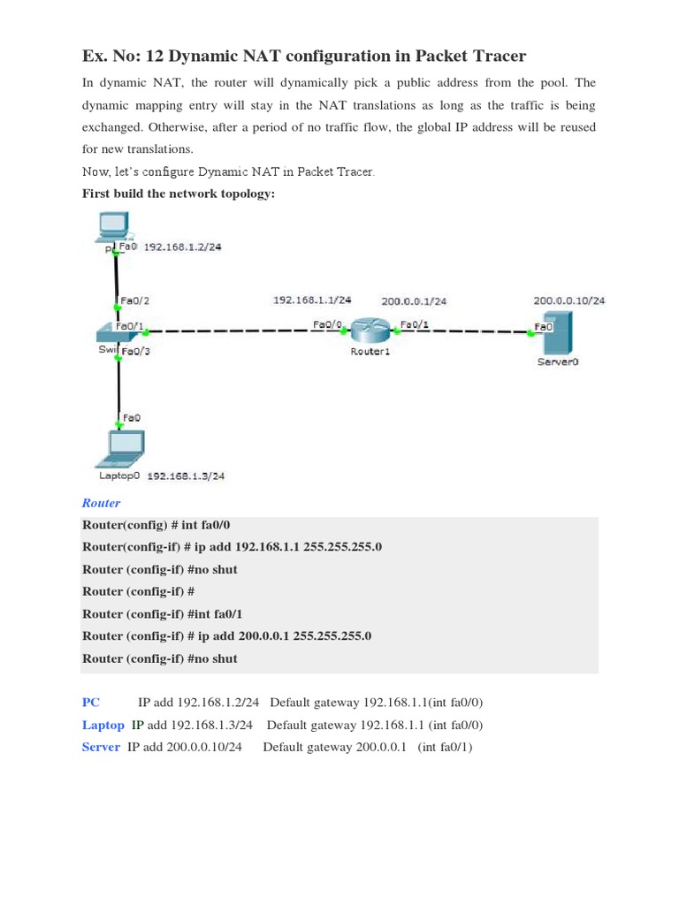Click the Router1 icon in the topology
click(370, 331)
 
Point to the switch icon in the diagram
click(113, 332)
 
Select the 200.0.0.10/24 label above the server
click(569, 300)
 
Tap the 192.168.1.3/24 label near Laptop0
click(186, 475)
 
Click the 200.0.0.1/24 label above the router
click(413, 301)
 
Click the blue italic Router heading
click(101, 503)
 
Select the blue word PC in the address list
click(91, 703)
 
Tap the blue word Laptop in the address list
click(103, 725)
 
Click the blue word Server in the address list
click(101, 748)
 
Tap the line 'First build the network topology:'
click(179, 194)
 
